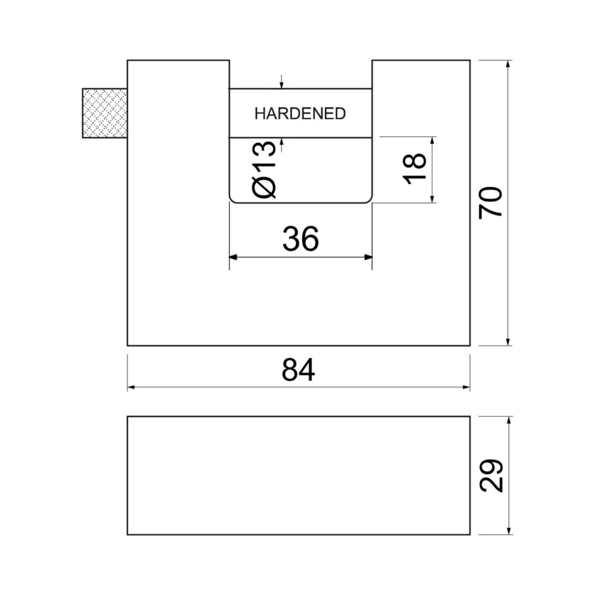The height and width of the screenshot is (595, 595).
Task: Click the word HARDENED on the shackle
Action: coord(300,114)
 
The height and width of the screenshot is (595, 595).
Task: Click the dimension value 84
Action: coord(298,370)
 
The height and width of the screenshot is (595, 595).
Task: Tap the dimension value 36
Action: coord(300,239)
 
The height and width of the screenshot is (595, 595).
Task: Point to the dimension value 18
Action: coord(416,169)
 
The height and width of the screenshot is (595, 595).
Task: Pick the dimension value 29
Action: coord(491,476)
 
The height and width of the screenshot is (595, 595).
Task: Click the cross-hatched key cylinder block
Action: coord(105,113)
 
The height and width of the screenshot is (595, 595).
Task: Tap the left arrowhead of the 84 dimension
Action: coord(131,387)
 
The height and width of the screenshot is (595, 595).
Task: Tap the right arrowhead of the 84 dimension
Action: coord(466,387)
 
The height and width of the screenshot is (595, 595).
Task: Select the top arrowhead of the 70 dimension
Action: coord(509,64)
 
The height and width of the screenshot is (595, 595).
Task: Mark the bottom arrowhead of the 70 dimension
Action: coord(509,342)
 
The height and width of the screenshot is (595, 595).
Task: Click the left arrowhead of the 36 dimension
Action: coord(233,257)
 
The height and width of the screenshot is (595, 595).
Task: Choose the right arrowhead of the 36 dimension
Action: coord(368,257)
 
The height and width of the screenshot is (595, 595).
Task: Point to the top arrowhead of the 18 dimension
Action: coord(432,141)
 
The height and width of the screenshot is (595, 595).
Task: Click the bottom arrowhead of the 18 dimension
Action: coord(432,199)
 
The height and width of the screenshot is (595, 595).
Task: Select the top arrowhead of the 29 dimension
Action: coord(509,421)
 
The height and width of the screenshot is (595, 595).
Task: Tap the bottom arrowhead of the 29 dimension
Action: coord(509,531)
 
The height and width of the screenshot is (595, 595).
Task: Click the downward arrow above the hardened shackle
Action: coord(281,82)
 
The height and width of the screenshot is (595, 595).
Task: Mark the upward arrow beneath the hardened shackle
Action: coord(281,145)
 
